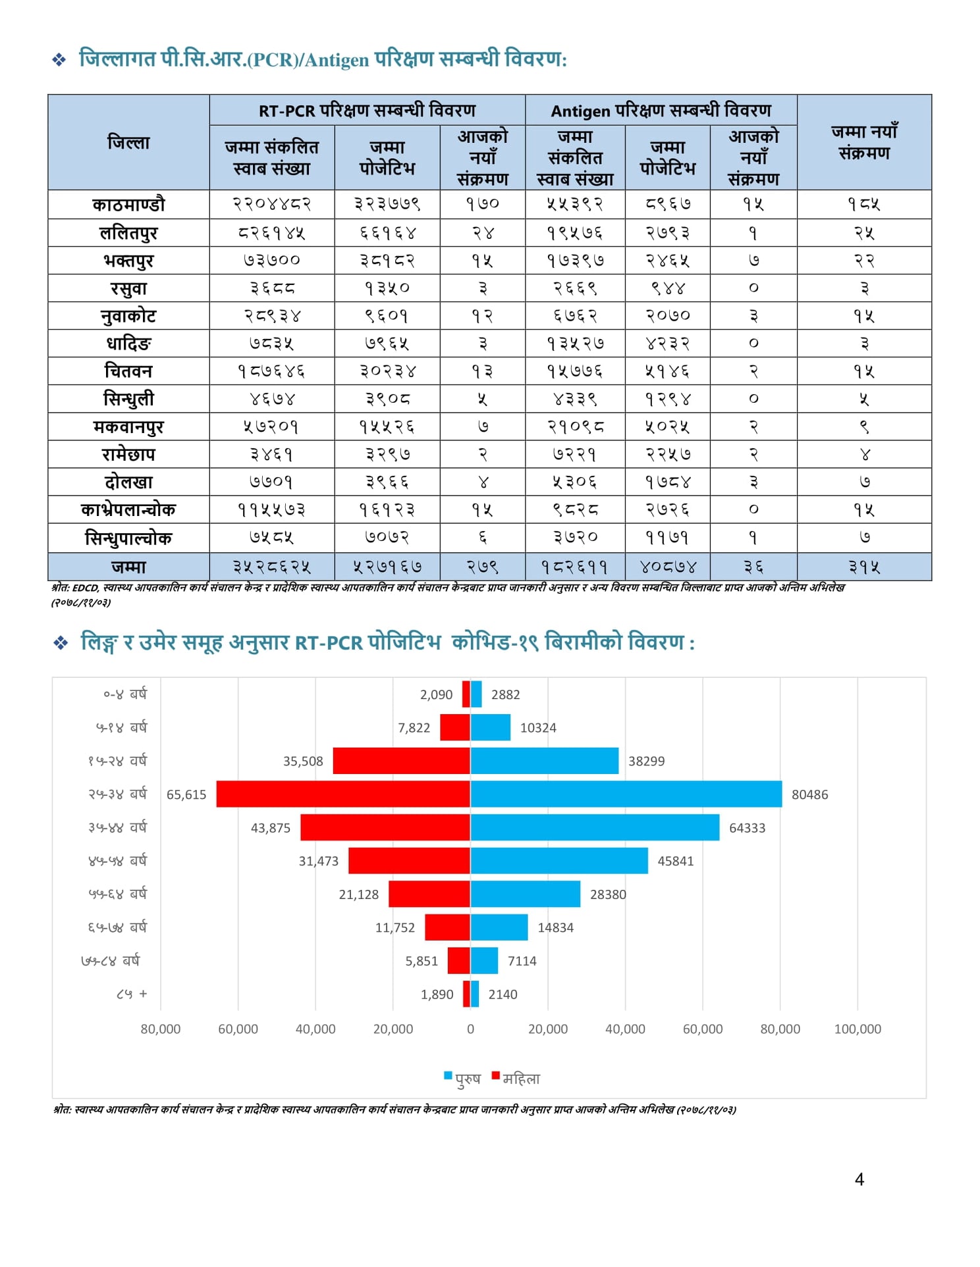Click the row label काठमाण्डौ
click(128, 205)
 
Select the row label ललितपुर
click(128, 233)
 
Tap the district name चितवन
click(128, 371)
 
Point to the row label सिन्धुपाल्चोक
click(128, 538)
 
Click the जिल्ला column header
click(128, 142)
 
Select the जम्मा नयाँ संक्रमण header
click(864, 142)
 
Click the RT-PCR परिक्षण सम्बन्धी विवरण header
click(367, 111)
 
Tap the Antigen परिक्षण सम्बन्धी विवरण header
click(661, 111)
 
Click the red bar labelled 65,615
click(343, 794)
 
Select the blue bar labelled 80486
click(626, 794)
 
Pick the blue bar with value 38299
click(545, 761)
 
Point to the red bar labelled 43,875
click(385, 827)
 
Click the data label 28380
click(608, 894)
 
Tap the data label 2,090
click(436, 694)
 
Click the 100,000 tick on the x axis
click(857, 1029)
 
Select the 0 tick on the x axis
click(470, 1029)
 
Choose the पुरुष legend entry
click(463, 1079)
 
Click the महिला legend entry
click(516, 1079)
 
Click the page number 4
click(859, 1179)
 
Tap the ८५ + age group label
click(132, 994)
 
